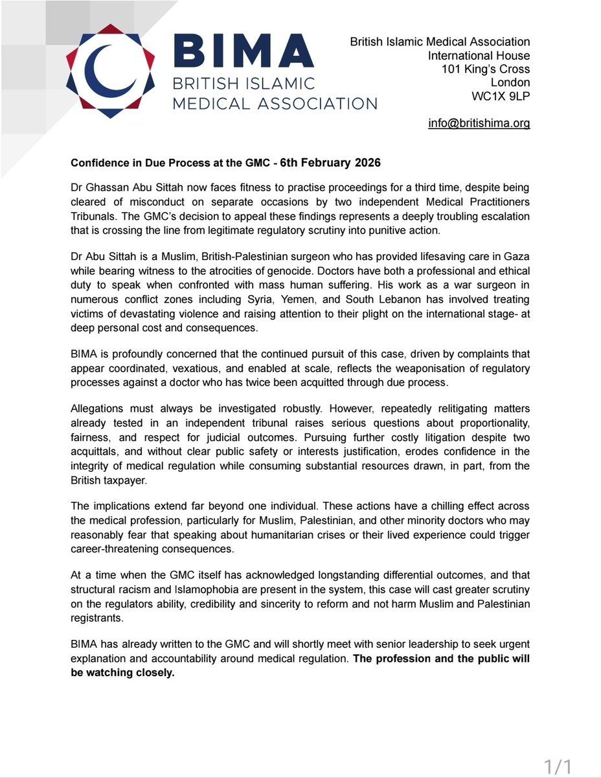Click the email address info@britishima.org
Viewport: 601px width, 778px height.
point(479,123)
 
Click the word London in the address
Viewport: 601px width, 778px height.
point(510,83)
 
